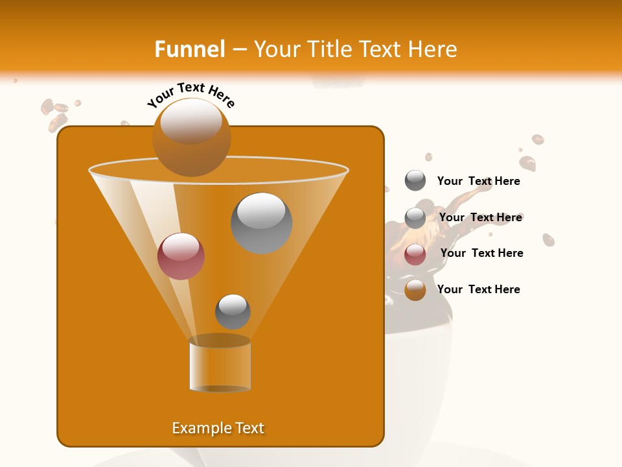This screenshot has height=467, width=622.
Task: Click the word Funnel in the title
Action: (x=189, y=49)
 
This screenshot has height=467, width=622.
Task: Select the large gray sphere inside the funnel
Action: (x=262, y=223)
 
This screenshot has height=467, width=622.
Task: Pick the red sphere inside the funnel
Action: (x=181, y=256)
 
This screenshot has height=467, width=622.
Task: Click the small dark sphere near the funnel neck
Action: (x=233, y=311)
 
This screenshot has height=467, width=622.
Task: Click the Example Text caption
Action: (x=218, y=428)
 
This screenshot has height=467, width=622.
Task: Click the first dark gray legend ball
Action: (x=415, y=181)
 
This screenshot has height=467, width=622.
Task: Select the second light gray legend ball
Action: (x=415, y=218)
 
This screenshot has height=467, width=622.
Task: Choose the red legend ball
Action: (x=415, y=254)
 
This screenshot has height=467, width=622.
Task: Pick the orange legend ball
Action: (x=415, y=290)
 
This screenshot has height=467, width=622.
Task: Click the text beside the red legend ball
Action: (x=481, y=253)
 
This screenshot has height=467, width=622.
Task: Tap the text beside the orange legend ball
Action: (x=478, y=289)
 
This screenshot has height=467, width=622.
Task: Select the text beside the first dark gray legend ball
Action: (x=478, y=181)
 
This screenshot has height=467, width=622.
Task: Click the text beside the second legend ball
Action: (x=480, y=217)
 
